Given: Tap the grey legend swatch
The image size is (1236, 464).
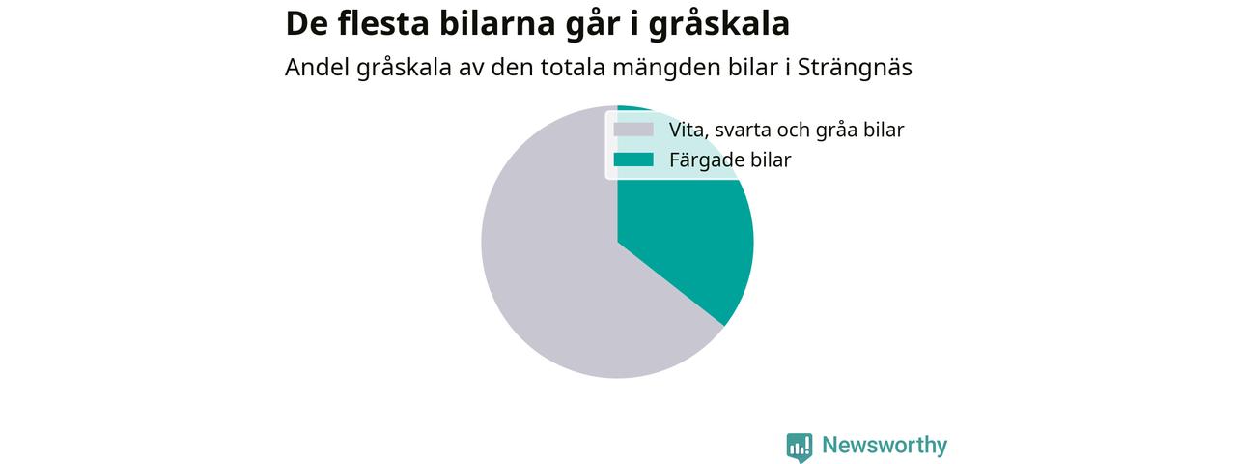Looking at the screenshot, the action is tap(633, 130).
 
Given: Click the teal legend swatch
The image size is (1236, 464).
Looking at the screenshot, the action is tap(633, 159).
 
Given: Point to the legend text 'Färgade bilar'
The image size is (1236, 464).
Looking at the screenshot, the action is tap(730, 160).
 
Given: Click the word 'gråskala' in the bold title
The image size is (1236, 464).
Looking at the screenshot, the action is tap(719, 24).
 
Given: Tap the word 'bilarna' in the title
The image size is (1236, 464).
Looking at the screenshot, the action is tap(492, 23).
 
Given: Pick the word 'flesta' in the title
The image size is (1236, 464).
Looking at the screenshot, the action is tap(383, 23).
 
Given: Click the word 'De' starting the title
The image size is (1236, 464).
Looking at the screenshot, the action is tap(306, 24).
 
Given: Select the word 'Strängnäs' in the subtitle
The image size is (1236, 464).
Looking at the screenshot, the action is tap(855, 68).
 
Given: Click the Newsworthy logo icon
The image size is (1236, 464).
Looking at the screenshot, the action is tap(799, 448).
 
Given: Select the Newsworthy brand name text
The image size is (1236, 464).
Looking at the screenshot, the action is tap(885, 446).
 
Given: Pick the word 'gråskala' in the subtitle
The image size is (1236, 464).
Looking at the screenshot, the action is tap(404, 69).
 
